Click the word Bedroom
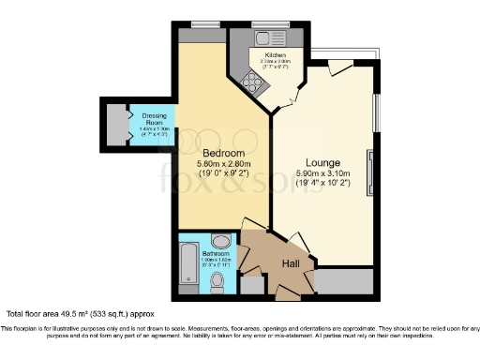click(x=223, y=154)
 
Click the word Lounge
click(x=323, y=162)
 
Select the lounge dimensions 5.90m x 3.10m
click(x=323, y=173)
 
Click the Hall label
click(x=292, y=263)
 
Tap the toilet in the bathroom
click(x=219, y=280)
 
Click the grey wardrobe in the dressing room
click(x=117, y=123)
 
